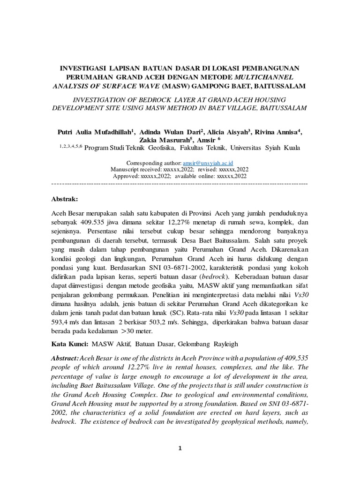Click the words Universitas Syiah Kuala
265,148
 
